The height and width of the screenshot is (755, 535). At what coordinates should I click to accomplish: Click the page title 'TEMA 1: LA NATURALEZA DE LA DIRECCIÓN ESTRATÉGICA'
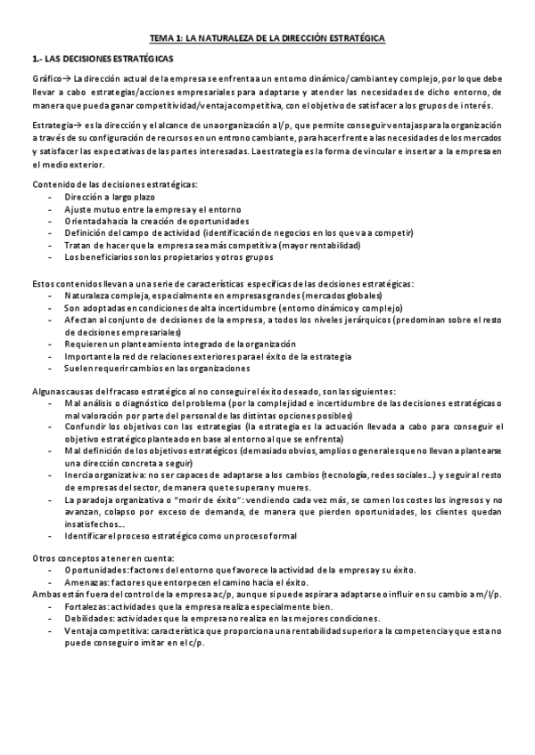coord(267,39)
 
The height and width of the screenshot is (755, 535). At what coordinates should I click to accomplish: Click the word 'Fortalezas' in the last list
coord(86,606)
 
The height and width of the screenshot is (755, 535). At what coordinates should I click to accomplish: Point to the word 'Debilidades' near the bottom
coord(87,619)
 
